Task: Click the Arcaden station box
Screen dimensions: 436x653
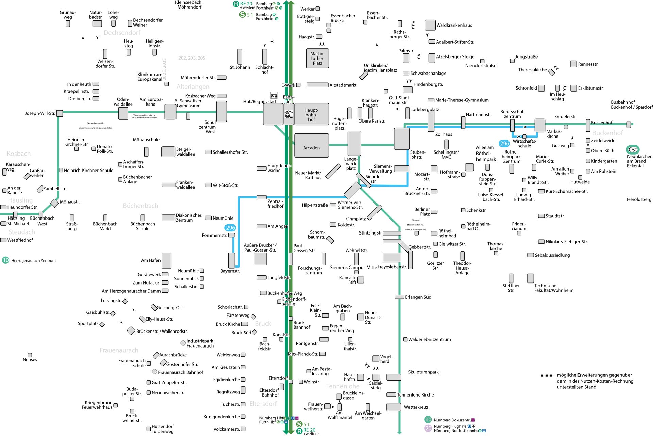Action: (311, 145)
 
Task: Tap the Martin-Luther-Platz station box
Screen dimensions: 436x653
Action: (317, 58)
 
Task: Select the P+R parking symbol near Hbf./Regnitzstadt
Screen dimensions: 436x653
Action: (274, 96)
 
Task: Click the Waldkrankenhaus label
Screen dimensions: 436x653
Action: (454, 25)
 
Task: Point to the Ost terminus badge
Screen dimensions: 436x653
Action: (633, 149)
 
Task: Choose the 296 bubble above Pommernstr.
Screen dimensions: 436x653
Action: (230, 228)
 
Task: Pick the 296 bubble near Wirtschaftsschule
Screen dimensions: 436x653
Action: (504, 144)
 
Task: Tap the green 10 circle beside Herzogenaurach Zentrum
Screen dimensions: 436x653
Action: (5, 260)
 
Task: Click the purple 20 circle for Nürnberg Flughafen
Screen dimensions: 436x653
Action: (428, 428)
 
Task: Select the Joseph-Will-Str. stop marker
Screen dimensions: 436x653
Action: (60, 113)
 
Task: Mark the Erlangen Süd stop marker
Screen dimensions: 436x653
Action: (399, 297)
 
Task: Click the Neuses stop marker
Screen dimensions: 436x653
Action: (30, 355)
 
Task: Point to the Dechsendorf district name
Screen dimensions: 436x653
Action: (122, 33)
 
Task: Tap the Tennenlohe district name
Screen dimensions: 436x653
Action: (342, 386)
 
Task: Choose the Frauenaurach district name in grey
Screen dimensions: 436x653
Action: (119, 350)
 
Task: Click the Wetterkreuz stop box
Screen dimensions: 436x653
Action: (394, 407)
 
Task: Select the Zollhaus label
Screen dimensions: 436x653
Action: (443, 134)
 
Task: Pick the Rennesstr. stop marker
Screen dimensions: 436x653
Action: (574, 64)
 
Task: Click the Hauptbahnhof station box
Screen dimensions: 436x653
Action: (311, 115)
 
